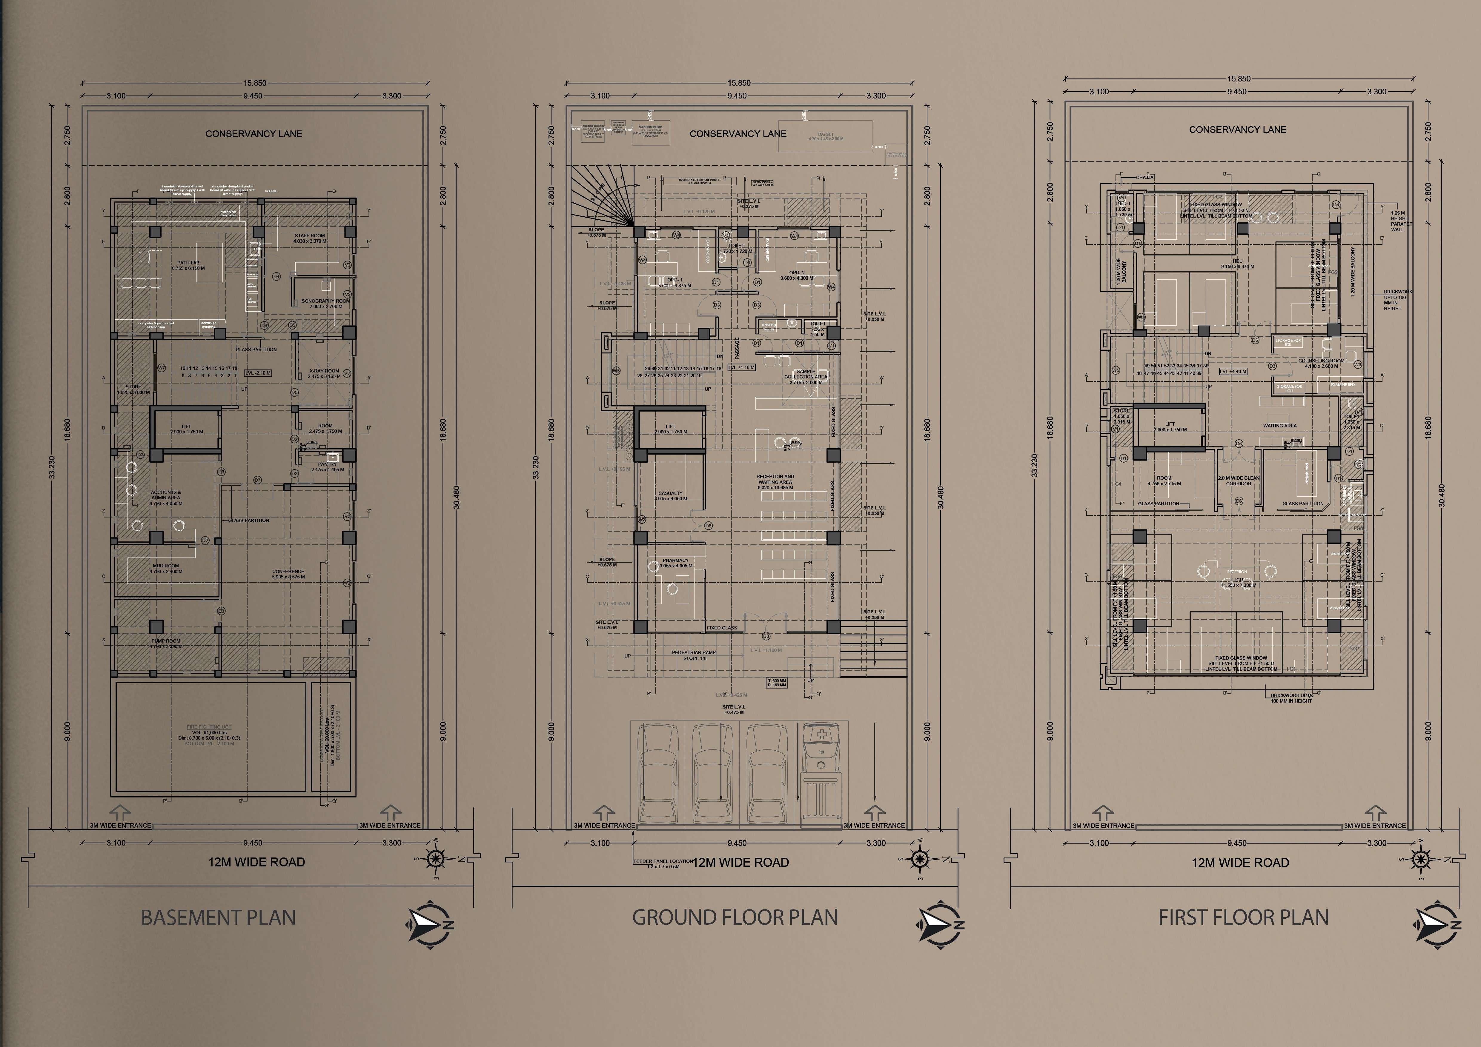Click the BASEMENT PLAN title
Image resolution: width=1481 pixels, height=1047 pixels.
coord(218,917)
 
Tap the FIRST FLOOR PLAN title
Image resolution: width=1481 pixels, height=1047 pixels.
coord(1243,917)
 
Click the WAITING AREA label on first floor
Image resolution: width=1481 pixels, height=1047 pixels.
coord(1280,426)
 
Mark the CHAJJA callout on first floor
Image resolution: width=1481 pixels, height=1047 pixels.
coord(1145,177)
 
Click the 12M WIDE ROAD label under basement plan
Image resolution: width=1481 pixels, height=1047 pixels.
coord(256,862)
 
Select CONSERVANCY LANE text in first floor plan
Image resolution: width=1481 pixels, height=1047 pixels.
coord(1237,130)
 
